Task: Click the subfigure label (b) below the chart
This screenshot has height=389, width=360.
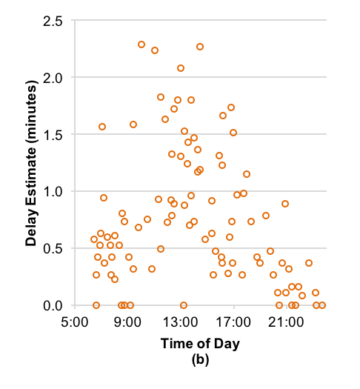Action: [200, 361]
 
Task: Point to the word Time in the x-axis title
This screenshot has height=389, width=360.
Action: [175, 345]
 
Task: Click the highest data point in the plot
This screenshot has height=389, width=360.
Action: [141, 44]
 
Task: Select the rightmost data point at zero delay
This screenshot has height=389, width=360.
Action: [322, 305]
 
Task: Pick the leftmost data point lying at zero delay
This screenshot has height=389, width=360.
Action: [96, 305]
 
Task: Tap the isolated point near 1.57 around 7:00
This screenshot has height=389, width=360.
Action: [102, 127]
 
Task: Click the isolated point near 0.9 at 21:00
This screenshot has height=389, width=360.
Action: [285, 204]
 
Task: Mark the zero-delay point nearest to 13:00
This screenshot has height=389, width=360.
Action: [184, 305]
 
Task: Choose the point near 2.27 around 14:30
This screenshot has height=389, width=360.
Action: [200, 47]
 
